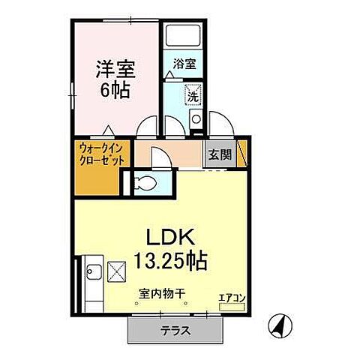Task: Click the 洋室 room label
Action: pyautogui.click(x=115, y=70)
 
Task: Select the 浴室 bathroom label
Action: pyautogui.click(x=184, y=64)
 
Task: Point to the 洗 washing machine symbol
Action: pyautogui.click(x=193, y=97)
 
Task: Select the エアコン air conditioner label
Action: pyautogui.click(x=231, y=297)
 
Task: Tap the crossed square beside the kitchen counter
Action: pyautogui.click(x=118, y=271)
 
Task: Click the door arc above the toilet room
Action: pyautogui.click(x=159, y=156)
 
